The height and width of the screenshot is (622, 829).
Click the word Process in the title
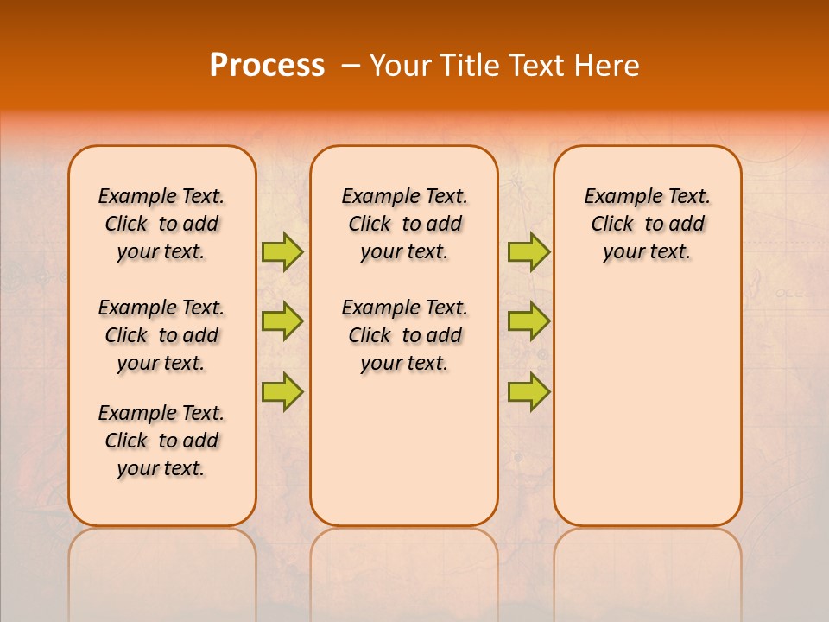coord(267,66)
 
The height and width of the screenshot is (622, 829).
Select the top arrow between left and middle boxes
coord(282,251)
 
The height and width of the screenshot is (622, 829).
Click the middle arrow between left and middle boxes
coord(282,321)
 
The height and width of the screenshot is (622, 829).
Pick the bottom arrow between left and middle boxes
coord(282,390)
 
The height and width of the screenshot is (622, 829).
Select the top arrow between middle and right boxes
coord(528,251)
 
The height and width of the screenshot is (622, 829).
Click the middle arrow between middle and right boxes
coord(528,321)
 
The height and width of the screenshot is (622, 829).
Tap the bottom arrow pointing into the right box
coord(528,390)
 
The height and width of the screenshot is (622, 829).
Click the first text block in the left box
coord(161,224)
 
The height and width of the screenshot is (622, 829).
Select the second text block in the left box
coord(161,335)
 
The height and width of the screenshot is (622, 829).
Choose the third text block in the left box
coord(161,441)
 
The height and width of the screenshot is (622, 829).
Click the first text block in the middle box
coord(404,224)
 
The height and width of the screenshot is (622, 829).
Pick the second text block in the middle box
coord(404,335)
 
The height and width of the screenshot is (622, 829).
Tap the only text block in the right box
coord(647,224)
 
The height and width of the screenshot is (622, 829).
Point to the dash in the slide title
coord(351,66)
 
